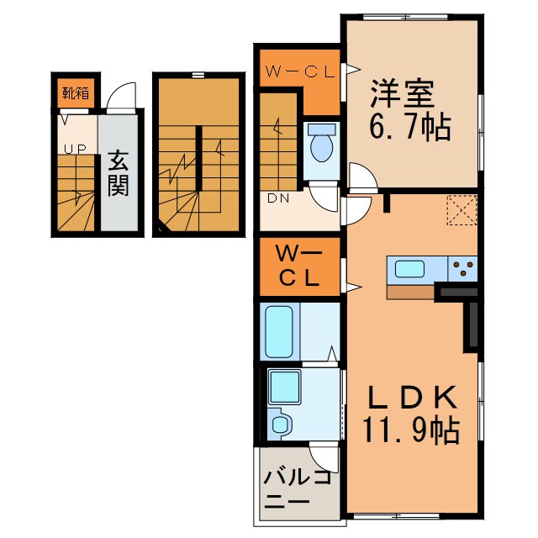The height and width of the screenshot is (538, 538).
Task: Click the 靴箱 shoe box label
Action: coord(76,93)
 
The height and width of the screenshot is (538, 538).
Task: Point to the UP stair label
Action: coord(76,150)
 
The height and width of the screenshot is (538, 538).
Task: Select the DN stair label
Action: coord(278,198)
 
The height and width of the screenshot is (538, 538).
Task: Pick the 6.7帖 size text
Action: coord(410,127)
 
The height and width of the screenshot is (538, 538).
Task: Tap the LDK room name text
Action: coord(412,397)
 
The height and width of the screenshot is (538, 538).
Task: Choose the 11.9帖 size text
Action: coord(410,430)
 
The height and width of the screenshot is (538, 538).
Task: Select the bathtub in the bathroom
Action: coord(279,331)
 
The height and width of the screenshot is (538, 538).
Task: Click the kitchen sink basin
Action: coord(409,269)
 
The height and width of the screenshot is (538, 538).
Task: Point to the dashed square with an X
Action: coord(462,210)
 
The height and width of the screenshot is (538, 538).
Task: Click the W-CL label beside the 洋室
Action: coord(300,72)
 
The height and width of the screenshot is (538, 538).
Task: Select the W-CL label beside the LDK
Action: coord(299,267)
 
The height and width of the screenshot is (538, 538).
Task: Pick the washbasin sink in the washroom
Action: coord(281,424)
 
